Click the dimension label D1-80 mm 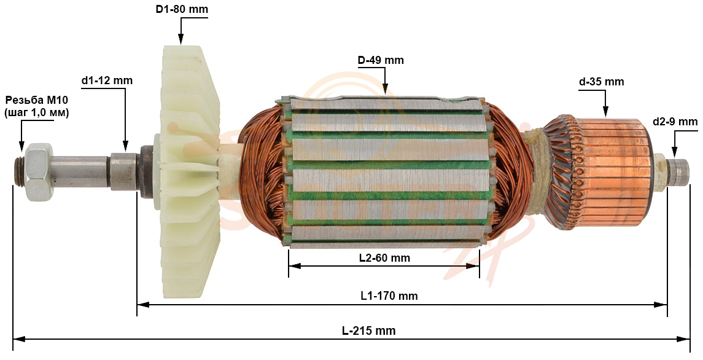(182, 9)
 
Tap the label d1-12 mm (107, 81)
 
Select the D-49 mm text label (381, 60)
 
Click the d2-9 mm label (675, 122)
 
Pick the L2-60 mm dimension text (385, 258)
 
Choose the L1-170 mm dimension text (389, 296)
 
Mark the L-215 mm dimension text (368, 331)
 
